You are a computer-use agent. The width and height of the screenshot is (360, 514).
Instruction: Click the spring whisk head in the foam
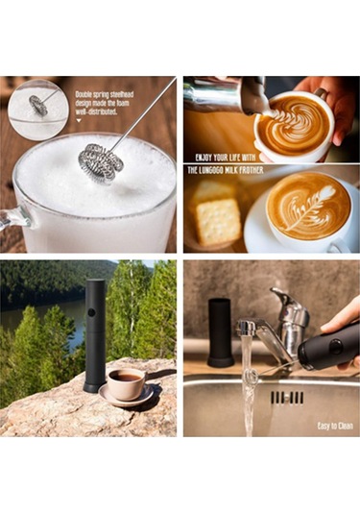(x=101, y=161)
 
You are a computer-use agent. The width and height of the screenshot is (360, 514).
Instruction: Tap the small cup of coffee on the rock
(x=125, y=383)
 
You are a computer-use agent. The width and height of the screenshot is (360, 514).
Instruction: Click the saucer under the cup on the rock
(x=126, y=397)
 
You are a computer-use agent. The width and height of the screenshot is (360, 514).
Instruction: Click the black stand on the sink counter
(x=221, y=331)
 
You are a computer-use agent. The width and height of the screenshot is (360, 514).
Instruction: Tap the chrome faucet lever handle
(x=285, y=307)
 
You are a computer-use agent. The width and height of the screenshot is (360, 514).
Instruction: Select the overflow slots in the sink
(x=286, y=397)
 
